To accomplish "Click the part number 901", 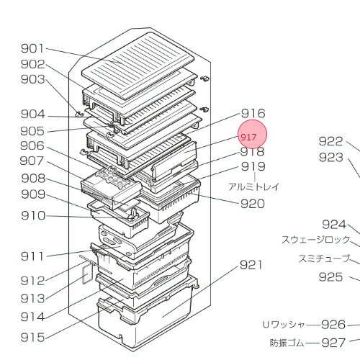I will tap(32, 48).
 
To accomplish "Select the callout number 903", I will tap(32, 78).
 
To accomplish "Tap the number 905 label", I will tap(32, 130).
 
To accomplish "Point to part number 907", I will tap(32, 161).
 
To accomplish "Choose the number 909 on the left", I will tap(32, 194).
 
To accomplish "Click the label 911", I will tap(32, 256).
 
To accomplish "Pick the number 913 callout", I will tap(32, 298).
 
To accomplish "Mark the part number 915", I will tap(32, 337).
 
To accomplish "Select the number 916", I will tap(253, 113).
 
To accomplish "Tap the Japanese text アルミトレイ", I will tap(253, 186).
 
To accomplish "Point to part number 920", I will tap(253, 204).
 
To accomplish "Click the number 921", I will tap(253, 265).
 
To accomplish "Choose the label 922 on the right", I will tap(332, 141).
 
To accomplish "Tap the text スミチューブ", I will tap(325, 258).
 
